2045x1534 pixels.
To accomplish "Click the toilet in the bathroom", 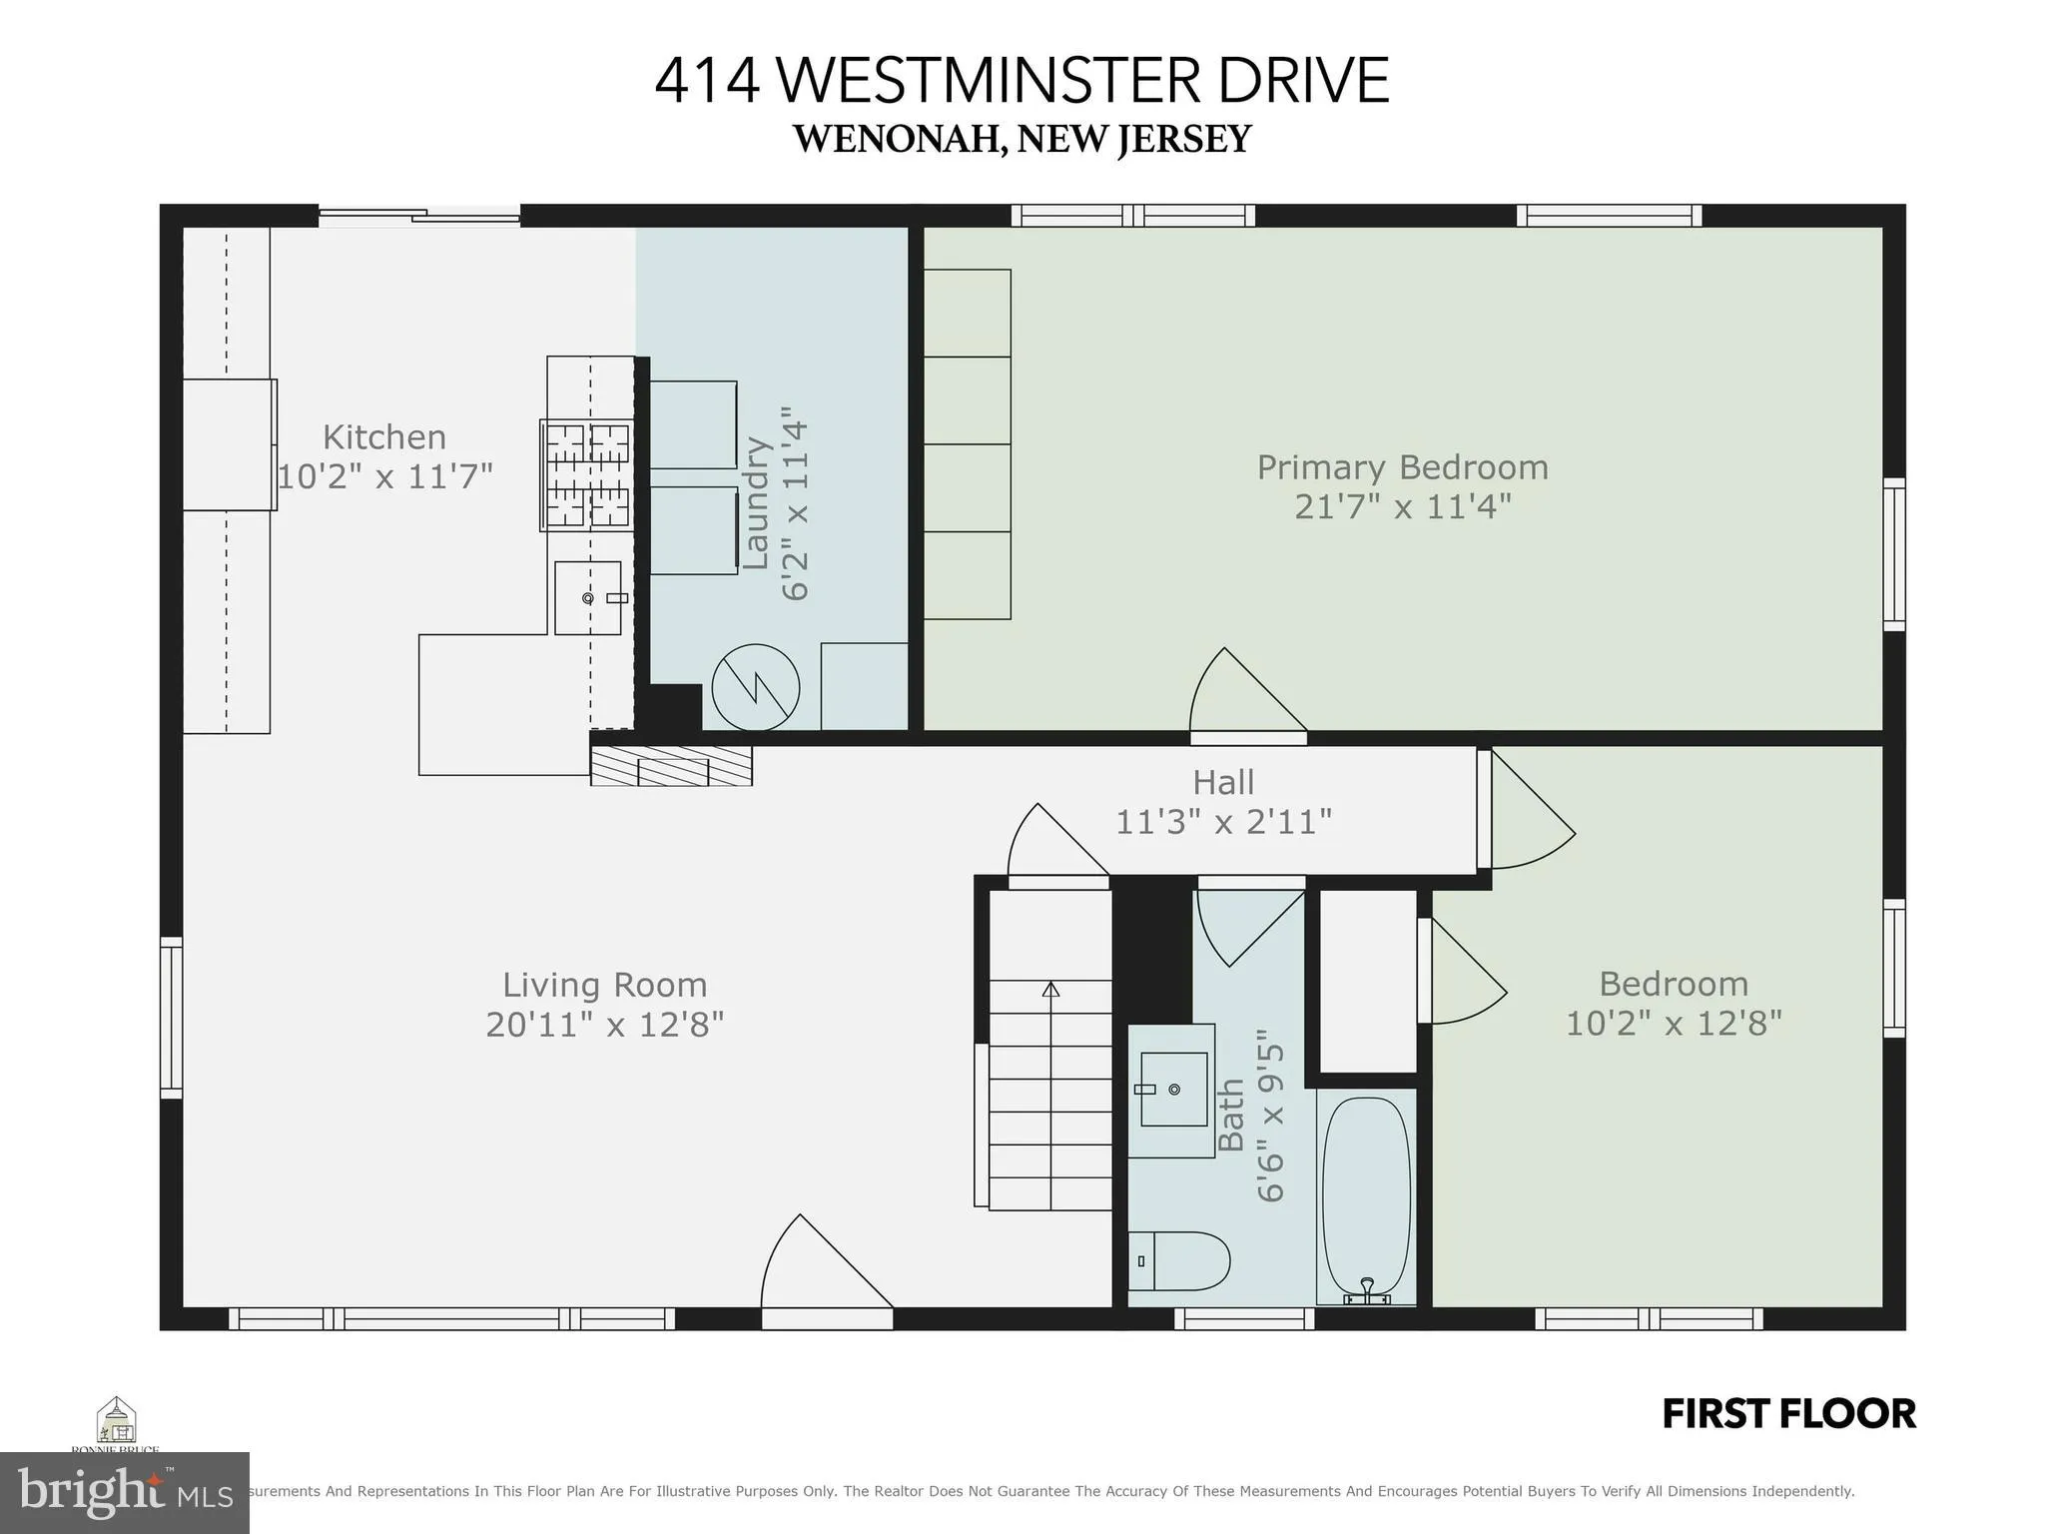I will point(1183,1260).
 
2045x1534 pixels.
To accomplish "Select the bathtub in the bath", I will point(1366,1198).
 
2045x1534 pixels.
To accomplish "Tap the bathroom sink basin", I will point(1173,1089).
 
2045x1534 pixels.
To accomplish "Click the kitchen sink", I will point(588,597).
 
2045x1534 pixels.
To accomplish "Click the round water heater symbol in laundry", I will point(756,688).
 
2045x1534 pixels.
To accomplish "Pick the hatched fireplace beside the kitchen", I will point(671,767).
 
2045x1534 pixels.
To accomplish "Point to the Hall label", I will point(1223,782).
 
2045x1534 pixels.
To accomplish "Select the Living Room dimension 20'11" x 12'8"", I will point(604,1025).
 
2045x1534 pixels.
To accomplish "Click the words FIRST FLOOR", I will point(1788,1414).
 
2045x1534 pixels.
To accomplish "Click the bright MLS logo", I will point(124,1492).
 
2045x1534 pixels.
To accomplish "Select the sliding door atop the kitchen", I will point(419,215).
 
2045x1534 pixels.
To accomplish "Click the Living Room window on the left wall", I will point(172,1017).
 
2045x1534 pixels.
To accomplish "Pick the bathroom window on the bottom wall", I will point(1243,1318).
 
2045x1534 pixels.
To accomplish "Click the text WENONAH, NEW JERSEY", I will point(1022,139).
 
